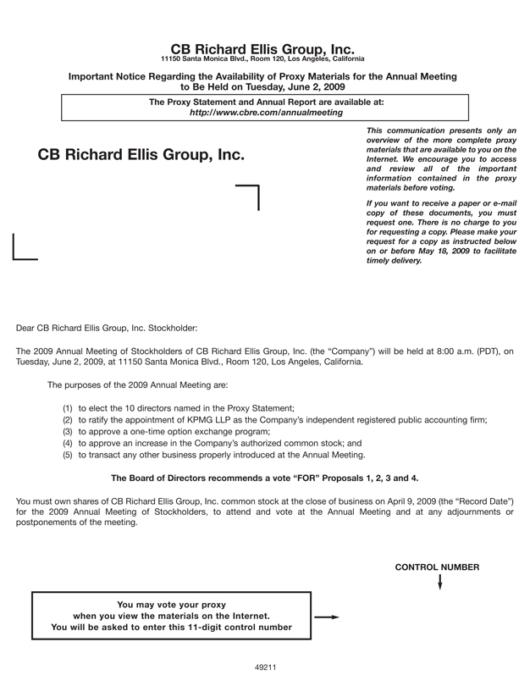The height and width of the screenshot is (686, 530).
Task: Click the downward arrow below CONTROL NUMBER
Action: point(439,583)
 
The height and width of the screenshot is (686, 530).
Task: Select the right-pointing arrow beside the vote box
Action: point(326,617)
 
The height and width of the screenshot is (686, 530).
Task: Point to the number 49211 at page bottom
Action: point(266,667)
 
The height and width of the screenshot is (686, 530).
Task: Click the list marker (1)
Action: point(68,408)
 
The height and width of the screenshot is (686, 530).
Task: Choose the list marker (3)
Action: point(68,431)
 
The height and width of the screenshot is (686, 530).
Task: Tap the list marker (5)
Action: point(68,455)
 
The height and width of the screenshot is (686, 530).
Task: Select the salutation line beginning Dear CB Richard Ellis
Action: point(107,326)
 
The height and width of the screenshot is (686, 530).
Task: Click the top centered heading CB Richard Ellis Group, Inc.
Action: point(262,48)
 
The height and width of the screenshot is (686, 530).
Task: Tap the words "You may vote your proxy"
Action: point(172,605)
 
